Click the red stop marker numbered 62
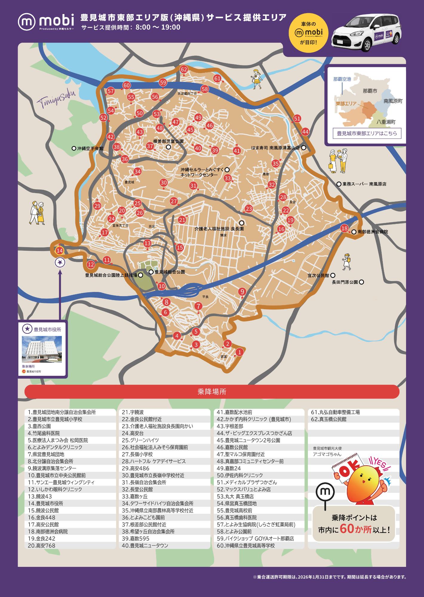pos(184,70)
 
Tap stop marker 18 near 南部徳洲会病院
pos(344,228)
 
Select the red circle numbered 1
pos(239,352)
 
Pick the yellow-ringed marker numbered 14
pos(60,250)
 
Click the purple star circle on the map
pos(60,262)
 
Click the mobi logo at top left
pos(46,21)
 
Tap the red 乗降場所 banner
pos(212,392)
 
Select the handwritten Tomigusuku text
pos(56,98)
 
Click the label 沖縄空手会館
pos(90,148)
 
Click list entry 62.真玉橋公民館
pos(328,419)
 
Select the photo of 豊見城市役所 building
pos(42,349)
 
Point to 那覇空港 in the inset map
pos(342,79)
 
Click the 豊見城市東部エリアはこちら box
pos(367,133)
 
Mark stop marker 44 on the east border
pos(305,132)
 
